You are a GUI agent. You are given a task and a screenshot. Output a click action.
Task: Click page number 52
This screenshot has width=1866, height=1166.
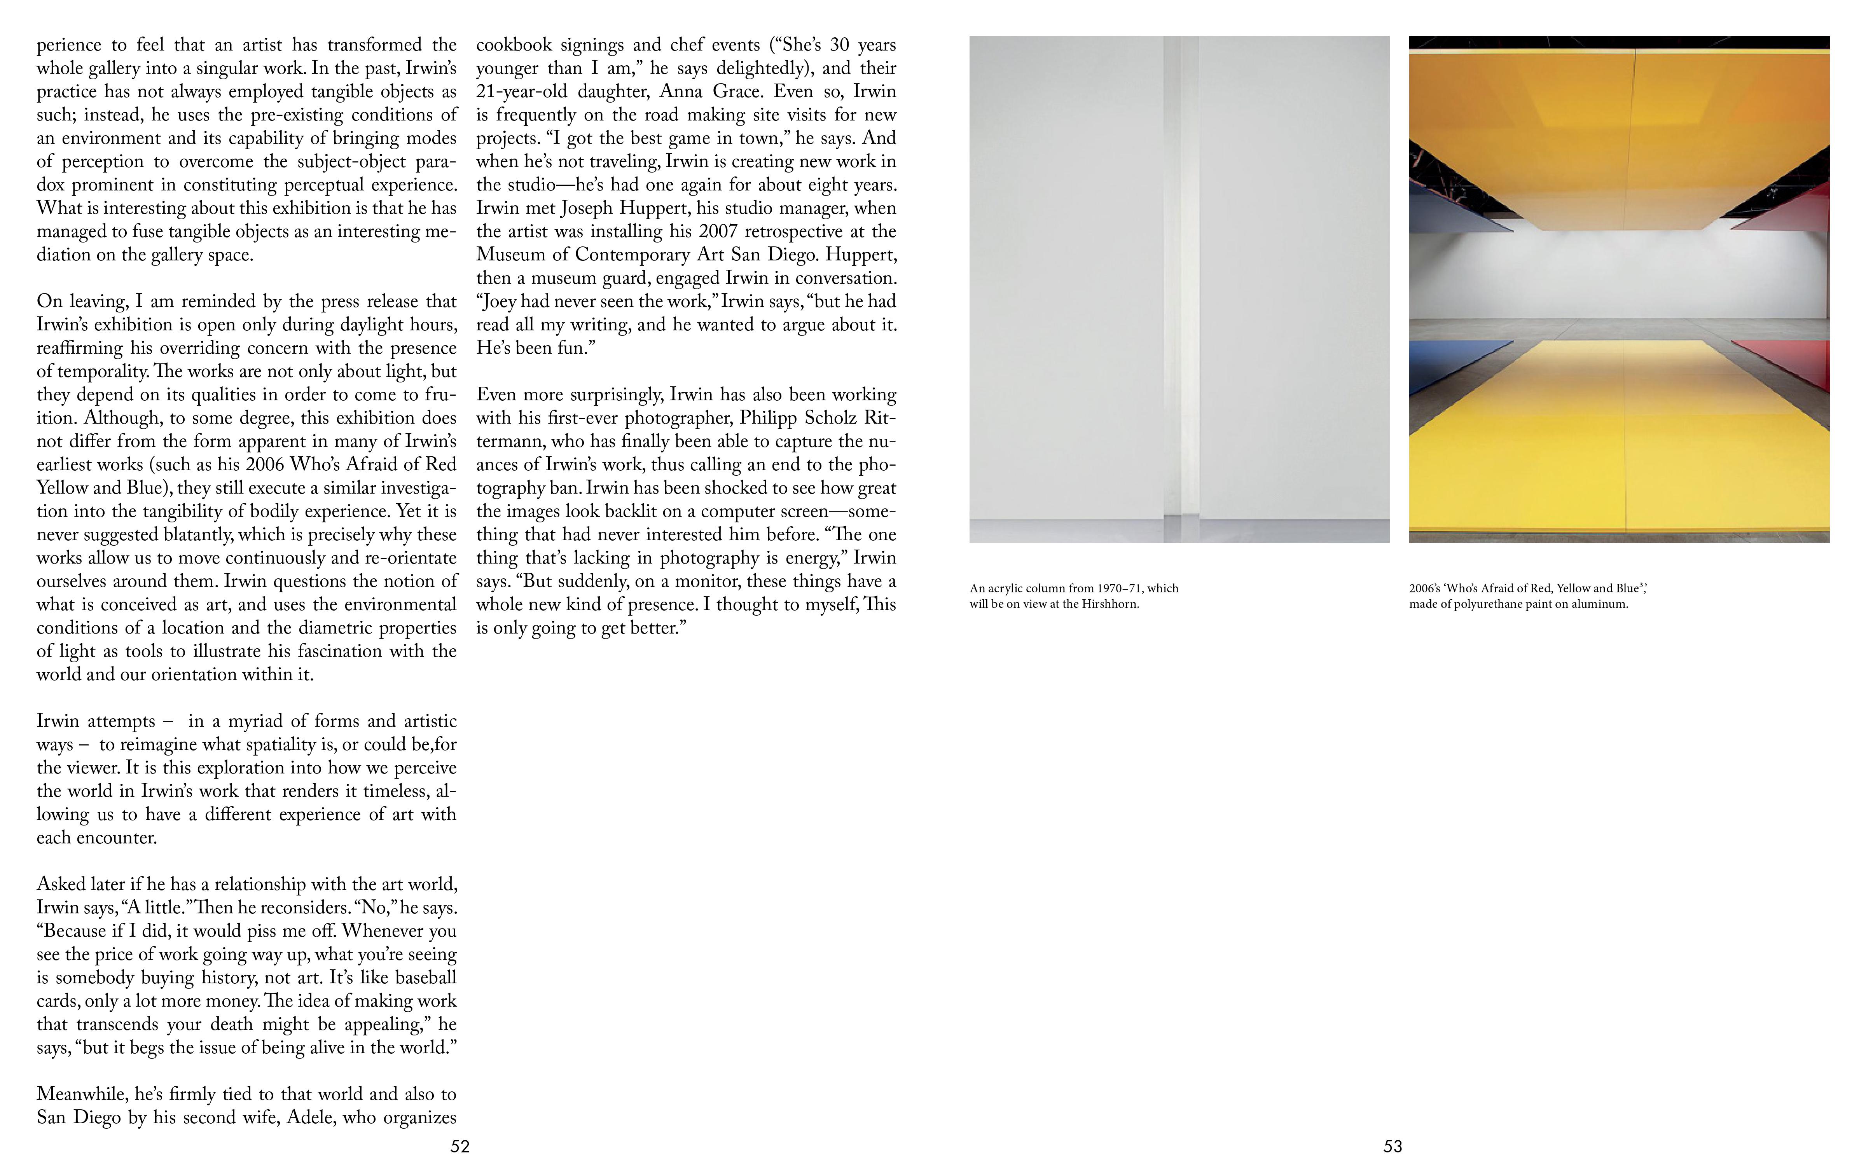pos(460,1146)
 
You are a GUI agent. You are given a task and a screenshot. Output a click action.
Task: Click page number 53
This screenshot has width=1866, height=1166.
pos(1393,1146)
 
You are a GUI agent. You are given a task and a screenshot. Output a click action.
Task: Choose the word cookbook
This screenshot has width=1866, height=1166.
pos(513,45)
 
